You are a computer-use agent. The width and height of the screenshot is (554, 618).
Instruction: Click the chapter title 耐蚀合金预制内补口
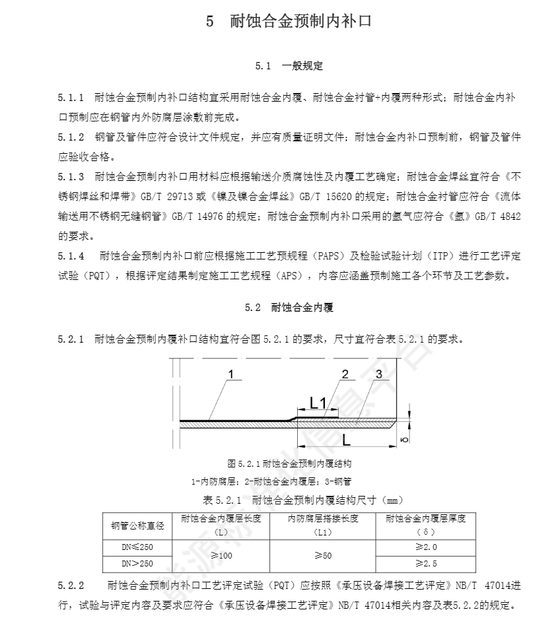coord(301,22)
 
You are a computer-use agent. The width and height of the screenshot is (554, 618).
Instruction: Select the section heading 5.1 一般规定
coord(289,66)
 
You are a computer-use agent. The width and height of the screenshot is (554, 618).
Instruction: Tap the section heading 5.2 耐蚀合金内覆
coord(289,308)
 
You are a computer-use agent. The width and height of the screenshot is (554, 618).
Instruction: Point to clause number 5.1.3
coord(71,177)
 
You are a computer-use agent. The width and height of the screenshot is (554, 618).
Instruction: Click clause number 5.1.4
coord(71,256)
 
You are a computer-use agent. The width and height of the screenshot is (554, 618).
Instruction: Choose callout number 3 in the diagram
coord(378,374)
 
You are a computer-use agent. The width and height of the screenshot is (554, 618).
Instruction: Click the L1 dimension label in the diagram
coord(318,402)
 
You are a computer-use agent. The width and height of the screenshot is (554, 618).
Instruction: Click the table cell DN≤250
coord(137,548)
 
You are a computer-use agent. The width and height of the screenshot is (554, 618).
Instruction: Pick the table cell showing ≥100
coord(221,556)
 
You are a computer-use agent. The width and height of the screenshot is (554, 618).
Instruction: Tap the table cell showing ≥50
coord(323,556)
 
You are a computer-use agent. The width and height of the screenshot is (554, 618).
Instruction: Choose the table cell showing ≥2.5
coord(426,563)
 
